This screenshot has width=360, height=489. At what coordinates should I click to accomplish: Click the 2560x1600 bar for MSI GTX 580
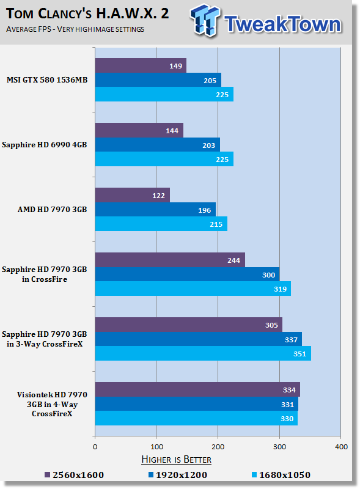click(x=141, y=65)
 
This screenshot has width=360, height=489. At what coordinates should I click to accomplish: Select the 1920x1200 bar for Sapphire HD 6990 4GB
click(x=158, y=145)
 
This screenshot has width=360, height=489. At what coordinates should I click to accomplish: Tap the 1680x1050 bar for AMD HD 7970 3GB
click(x=161, y=224)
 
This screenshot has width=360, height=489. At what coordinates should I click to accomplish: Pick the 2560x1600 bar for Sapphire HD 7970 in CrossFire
click(x=170, y=260)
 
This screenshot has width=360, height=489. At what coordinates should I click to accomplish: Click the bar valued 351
click(x=203, y=353)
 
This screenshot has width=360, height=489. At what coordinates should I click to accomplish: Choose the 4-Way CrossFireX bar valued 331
click(x=197, y=404)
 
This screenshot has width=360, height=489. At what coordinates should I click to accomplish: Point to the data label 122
click(x=158, y=196)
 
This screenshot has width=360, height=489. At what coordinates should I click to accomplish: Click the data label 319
click(x=280, y=289)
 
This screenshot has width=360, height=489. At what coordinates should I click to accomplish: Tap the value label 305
click(x=271, y=325)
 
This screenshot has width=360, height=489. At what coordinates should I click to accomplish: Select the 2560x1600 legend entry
click(x=74, y=475)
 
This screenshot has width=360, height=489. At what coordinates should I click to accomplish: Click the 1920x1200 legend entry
click(x=178, y=475)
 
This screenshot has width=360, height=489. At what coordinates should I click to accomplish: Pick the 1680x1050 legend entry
click(x=281, y=475)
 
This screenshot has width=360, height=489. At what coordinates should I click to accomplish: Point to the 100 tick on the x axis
click(x=156, y=447)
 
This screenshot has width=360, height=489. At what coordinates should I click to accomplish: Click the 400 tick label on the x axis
click(x=341, y=447)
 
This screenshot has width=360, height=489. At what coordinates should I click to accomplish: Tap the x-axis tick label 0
click(x=95, y=447)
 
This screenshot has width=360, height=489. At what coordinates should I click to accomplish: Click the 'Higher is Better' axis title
click(x=176, y=460)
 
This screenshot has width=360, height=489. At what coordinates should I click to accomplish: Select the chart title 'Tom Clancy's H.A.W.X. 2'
click(x=87, y=13)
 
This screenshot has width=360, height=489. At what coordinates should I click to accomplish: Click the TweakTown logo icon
click(x=205, y=20)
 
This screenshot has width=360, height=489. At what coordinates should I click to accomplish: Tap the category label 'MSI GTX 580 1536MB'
click(x=47, y=80)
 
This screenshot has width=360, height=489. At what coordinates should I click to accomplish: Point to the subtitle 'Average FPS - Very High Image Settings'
click(x=75, y=29)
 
